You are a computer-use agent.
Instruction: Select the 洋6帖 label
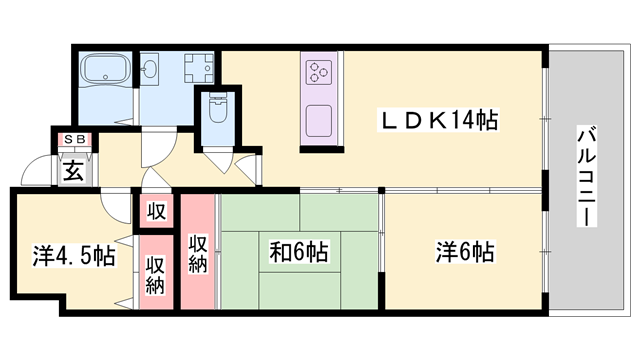[463, 251]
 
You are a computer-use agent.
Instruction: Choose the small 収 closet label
[157, 211]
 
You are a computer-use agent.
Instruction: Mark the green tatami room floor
[300, 285]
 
